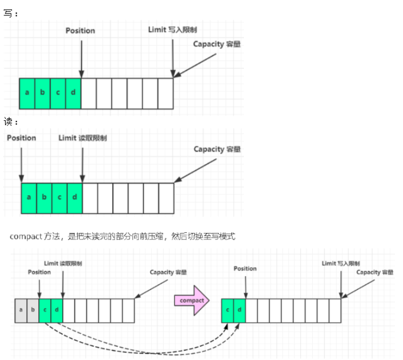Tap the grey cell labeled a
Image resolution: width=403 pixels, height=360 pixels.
(21, 310)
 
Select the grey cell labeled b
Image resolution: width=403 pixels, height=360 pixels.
(33, 310)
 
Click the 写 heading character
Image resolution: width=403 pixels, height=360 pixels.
(7, 13)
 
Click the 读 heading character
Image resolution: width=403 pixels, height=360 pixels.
(7, 122)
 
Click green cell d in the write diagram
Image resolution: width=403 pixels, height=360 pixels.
(74, 93)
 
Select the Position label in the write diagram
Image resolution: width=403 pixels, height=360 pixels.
(80, 30)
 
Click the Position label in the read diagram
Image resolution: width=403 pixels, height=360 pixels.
(22, 138)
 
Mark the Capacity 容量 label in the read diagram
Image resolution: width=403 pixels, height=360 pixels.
(217, 149)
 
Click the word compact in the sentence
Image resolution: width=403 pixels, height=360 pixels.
(25, 236)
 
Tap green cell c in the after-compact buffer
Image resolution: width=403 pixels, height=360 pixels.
(228, 310)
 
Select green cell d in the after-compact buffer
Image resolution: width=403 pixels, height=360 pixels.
(240, 310)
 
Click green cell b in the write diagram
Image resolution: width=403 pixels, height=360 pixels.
(42, 93)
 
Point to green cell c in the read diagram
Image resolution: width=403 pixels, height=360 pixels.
(59, 198)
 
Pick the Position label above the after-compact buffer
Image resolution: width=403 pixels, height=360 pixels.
(245, 268)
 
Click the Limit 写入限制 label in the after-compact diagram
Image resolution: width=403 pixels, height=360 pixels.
(341, 264)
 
